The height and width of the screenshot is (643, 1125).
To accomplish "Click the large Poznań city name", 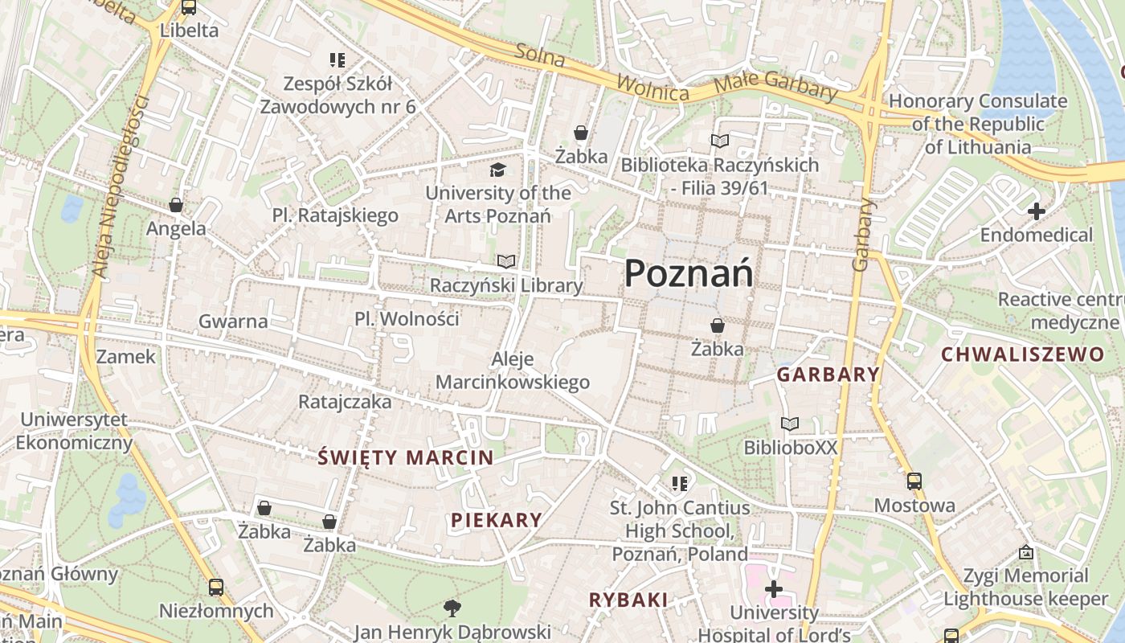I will click(689, 274).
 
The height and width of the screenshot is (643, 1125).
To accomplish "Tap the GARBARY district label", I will click(828, 375).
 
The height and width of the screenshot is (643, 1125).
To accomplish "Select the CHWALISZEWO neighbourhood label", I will click(1022, 354).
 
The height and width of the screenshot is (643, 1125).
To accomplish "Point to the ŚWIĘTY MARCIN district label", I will click(406, 458).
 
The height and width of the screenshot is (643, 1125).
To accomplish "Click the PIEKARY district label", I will click(496, 520).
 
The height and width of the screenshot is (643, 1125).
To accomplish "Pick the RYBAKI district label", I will click(628, 600).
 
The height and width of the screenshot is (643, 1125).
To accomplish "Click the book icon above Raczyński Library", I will click(505, 261).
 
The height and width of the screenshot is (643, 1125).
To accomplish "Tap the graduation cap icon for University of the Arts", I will click(498, 170).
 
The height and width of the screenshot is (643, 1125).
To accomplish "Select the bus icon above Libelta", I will click(189, 7).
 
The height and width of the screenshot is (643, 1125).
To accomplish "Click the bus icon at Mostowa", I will click(914, 481).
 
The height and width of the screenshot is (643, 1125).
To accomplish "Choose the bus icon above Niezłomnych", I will click(215, 588).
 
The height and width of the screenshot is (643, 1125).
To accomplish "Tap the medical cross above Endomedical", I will click(1037, 212).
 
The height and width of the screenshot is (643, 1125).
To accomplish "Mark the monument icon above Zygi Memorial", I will click(1025, 552).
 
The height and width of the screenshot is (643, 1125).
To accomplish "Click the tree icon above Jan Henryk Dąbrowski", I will click(452, 608).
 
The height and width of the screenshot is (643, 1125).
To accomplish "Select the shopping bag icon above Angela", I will click(176, 206).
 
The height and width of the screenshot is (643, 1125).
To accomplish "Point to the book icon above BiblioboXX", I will click(790, 424).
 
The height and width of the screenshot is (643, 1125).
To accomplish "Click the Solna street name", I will click(540, 55).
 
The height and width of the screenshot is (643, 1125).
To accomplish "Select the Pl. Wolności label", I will click(407, 319).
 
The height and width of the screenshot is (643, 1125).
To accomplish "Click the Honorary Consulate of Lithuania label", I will click(977, 124).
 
